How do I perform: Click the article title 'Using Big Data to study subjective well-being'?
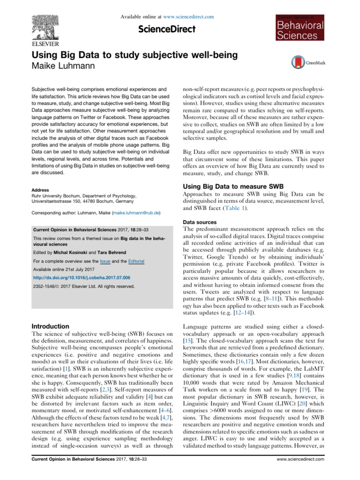pos(134,55)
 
